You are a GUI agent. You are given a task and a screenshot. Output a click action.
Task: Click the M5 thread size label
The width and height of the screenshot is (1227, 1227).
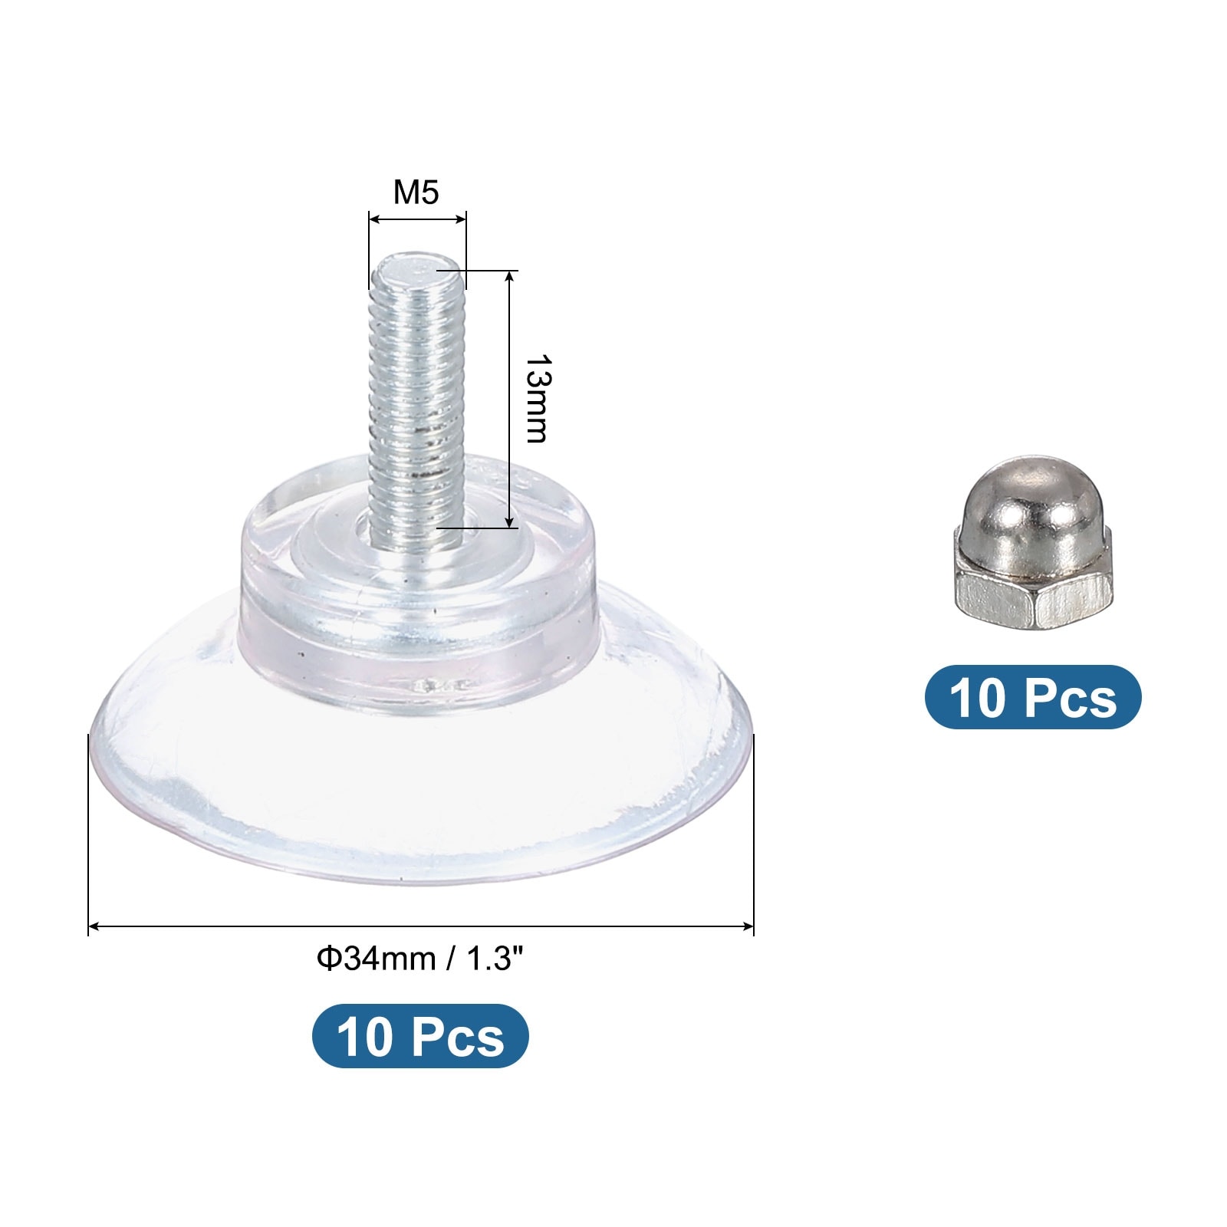pyautogui.click(x=416, y=192)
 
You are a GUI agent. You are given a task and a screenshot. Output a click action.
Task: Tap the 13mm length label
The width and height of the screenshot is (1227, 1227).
pyautogui.click(x=535, y=399)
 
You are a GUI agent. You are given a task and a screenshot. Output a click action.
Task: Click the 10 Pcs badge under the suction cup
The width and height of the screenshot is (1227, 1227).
pyautogui.click(x=420, y=1036)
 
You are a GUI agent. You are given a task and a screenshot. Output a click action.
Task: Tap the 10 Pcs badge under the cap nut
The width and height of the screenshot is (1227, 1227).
pyautogui.click(x=1033, y=697)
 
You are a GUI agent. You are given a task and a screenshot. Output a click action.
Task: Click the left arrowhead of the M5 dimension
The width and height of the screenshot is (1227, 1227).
pyautogui.click(x=373, y=219)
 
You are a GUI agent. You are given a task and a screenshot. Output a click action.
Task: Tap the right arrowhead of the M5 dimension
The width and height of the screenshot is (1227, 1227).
pyautogui.click(x=462, y=219)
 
